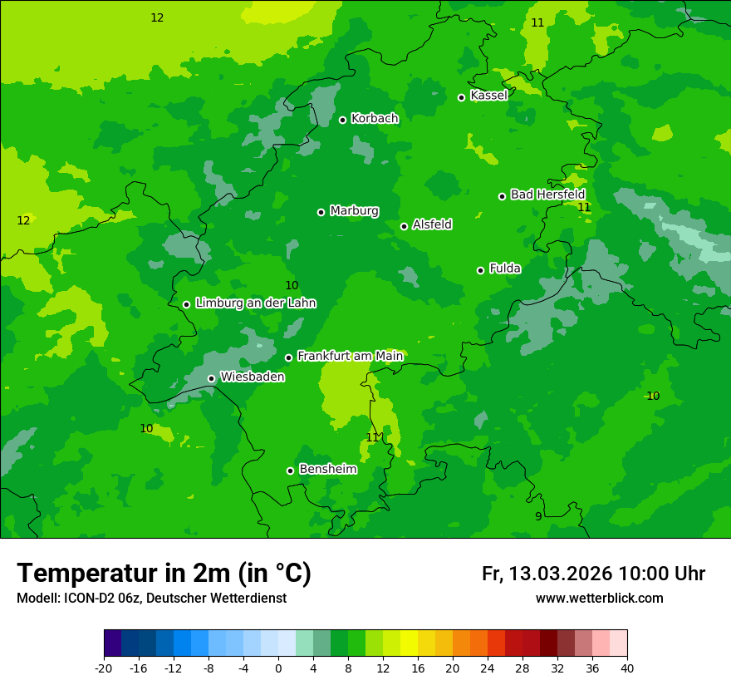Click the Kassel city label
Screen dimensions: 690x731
pyautogui.click(x=488, y=96)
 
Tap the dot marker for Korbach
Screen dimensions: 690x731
pyautogui.click(x=342, y=120)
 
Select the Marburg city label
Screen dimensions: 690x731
pyautogui.click(x=354, y=211)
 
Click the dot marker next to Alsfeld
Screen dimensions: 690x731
pyautogui.click(x=404, y=226)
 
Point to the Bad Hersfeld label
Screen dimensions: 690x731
pyautogui.click(x=547, y=195)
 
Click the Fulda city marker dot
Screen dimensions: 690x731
pyautogui.click(x=480, y=270)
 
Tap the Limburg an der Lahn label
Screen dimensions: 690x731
pyautogui.click(x=255, y=303)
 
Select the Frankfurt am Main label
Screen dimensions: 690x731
pyautogui.click(x=350, y=357)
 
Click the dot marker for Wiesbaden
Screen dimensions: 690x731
pyautogui.click(x=211, y=378)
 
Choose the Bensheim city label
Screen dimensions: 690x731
pyautogui.click(x=327, y=470)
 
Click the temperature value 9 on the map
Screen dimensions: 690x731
pyautogui.click(x=538, y=516)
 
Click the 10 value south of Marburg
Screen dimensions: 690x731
pyautogui.click(x=292, y=286)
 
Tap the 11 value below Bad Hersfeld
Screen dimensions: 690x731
pyautogui.click(x=584, y=207)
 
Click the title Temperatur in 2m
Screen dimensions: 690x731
pyautogui.click(x=164, y=574)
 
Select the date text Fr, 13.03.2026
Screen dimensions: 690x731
pyautogui.click(x=547, y=574)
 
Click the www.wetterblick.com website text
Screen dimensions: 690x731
pyautogui.click(x=599, y=599)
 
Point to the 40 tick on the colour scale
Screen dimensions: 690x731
pyautogui.click(x=626, y=668)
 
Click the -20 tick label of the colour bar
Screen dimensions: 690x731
pyautogui.click(x=104, y=668)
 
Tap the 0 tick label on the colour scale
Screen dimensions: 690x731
pyautogui.click(x=278, y=668)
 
